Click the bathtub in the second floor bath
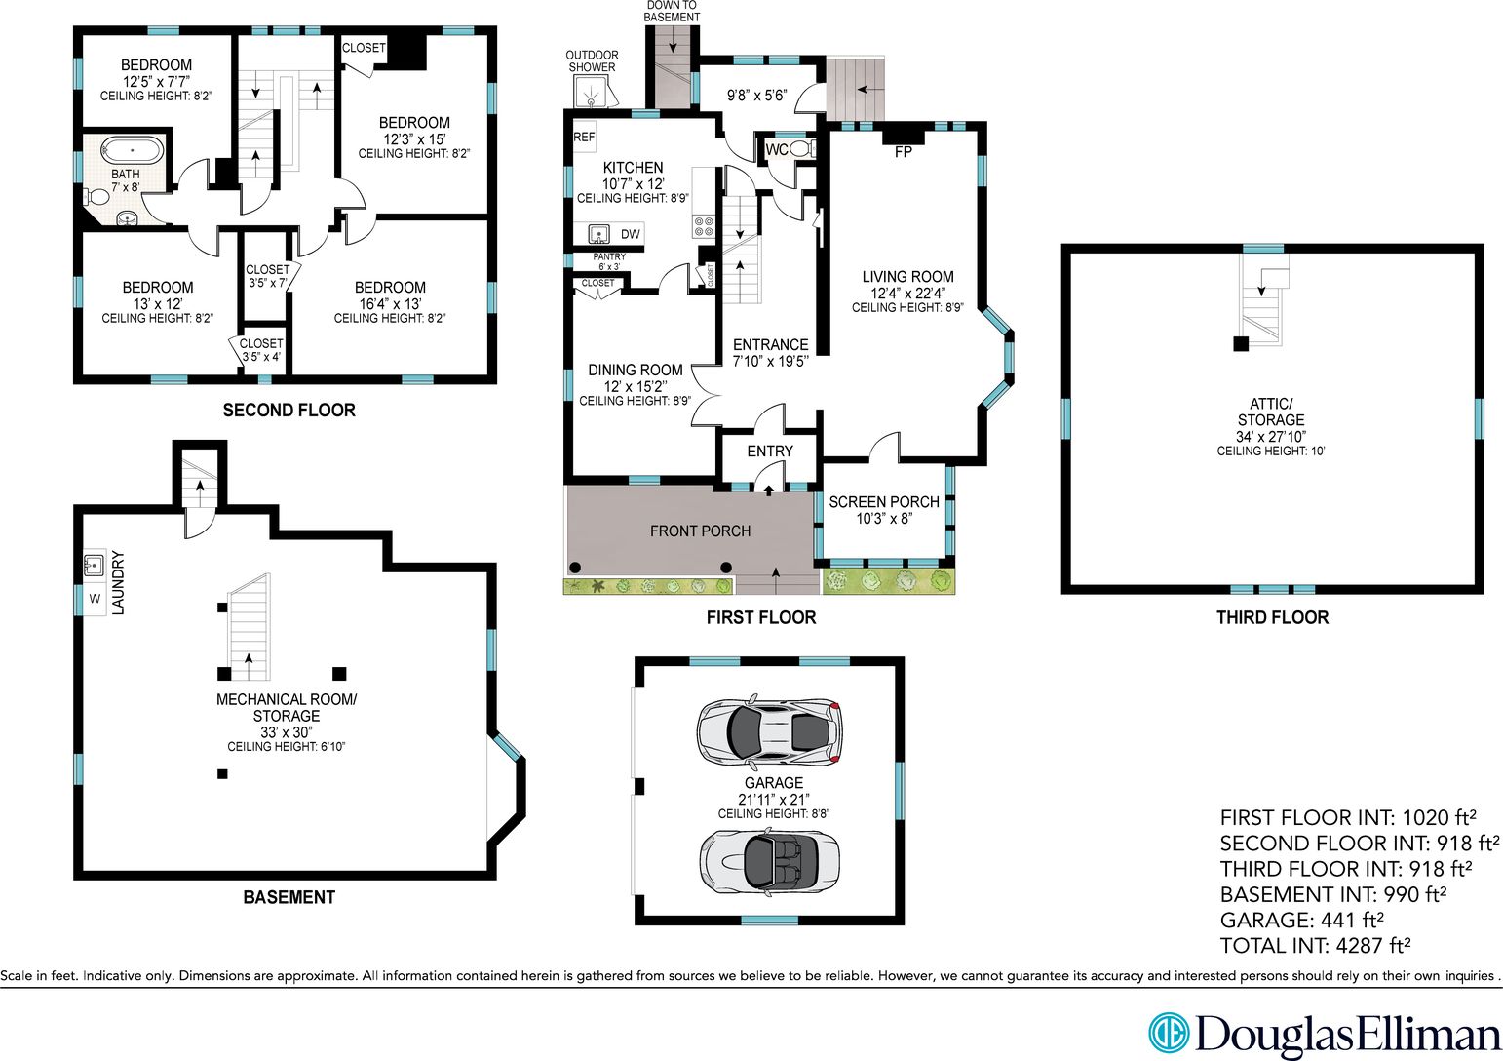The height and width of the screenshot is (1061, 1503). [x=133, y=150]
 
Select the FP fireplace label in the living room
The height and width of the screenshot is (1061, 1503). [x=904, y=152]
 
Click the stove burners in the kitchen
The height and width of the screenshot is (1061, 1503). [x=704, y=226]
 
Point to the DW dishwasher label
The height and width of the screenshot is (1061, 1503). [x=630, y=234]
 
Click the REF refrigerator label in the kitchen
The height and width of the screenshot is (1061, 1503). [x=584, y=137]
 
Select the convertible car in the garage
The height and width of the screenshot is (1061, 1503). [x=769, y=860]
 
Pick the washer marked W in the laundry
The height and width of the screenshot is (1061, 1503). [x=95, y=599]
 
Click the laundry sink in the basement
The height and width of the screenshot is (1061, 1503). [x=94, y=566]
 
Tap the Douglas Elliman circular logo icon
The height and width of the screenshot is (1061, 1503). [x=1168, y=1032]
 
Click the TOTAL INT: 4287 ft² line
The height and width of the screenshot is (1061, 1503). [x=1315, y=946]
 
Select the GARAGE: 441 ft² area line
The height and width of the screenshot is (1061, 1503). [x=1301, y=920]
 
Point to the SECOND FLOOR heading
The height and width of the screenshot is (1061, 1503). [x=289, y=411]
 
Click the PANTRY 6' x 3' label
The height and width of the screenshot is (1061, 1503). [x=609, y=262]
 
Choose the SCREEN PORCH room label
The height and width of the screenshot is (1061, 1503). [x=884, y=502]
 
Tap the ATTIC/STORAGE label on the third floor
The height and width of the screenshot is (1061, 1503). [x=1271, y=412]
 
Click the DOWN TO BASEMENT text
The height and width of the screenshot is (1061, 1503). [x=672, y=11]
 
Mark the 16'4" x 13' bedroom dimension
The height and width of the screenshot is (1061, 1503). [x=390, y=304]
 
